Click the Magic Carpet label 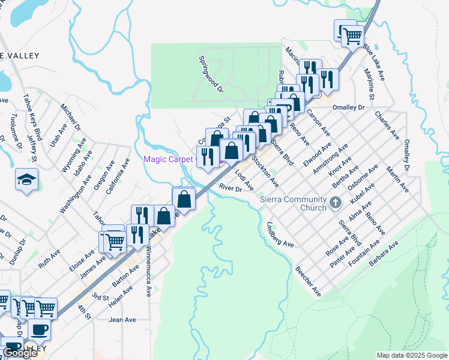click(x=168, y=158)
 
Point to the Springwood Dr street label click(x=211, y=74)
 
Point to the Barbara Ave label click(x=384, y=255)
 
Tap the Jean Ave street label click(x=123, y=320)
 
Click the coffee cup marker click(x=40, y=329)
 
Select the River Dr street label click(x=230, y=188)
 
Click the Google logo click(x=20, y=353)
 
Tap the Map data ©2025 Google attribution click(x=412, y=355)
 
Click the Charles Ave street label click(x=387, y=125)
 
